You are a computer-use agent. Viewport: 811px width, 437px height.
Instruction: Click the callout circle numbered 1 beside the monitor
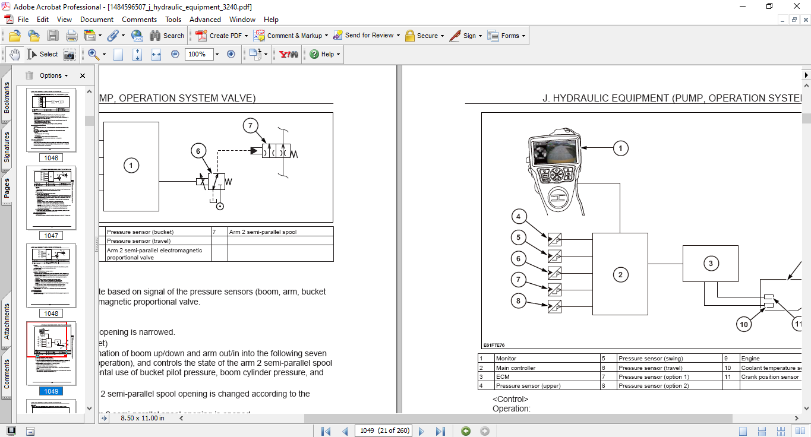pos(620,148)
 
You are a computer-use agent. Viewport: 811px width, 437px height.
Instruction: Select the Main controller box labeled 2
pos(620,274)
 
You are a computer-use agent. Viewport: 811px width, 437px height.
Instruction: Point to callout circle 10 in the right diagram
pos(743,324)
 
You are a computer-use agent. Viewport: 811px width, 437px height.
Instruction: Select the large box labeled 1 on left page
pos(131,166)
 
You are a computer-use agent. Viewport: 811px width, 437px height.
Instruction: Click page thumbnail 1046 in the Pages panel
pos(51,121)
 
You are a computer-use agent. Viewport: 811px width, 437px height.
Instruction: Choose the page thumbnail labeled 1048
pos(51,275)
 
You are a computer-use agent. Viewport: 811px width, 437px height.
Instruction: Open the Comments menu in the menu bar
pos(139,20)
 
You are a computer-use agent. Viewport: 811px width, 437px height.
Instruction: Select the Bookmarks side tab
pos(7,97)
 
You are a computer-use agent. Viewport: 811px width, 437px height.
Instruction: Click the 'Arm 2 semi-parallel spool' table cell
pos(263,232)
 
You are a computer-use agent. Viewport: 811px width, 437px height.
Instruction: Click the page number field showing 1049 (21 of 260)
pos(384,430)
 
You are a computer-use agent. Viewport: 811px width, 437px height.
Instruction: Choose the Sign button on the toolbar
pos(464,36)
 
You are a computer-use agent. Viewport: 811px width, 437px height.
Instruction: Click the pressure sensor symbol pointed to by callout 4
pos(554,240)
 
